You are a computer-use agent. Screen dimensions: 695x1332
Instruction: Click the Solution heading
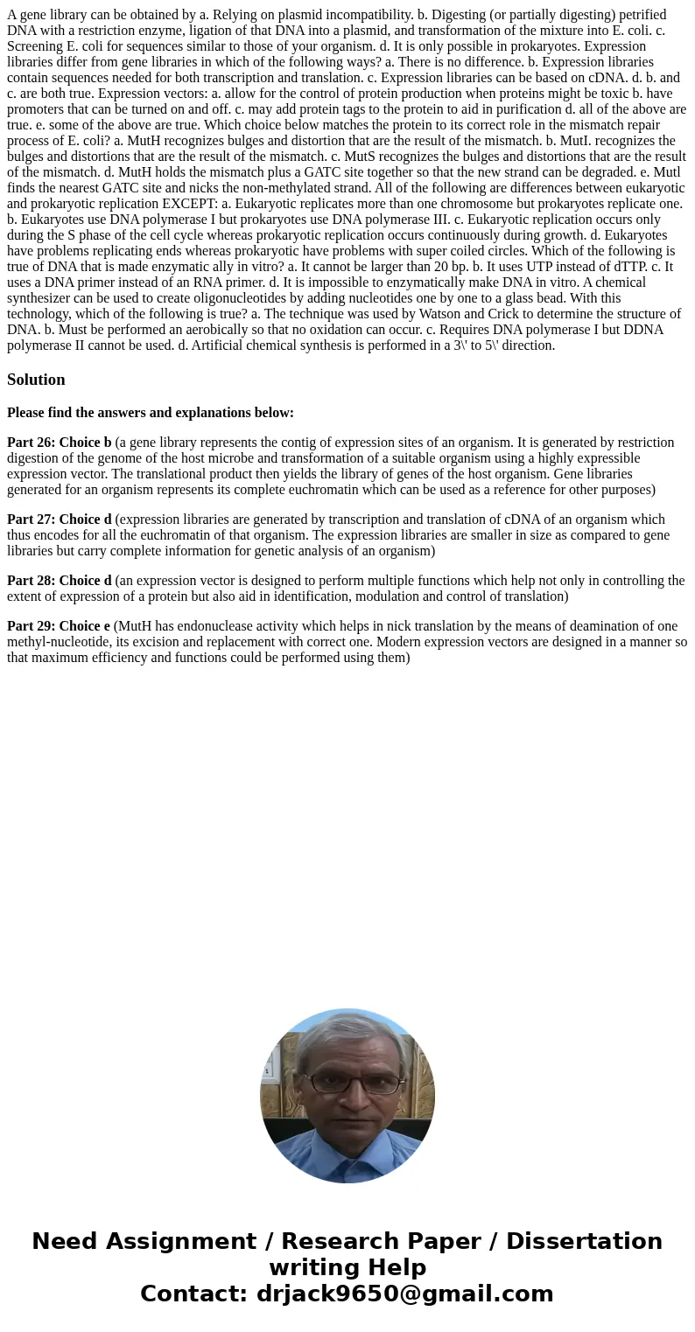pos(36,380)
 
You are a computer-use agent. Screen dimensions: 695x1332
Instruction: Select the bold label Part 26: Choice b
pos(59,443)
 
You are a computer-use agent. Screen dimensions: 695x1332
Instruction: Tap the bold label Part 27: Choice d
pos(59,520)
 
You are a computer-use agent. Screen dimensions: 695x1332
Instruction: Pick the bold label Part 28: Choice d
pos(59,581)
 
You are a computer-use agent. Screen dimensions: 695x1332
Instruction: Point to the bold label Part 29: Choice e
pos(58,626)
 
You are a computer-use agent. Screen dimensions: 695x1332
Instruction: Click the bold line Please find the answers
pos(151,413)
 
